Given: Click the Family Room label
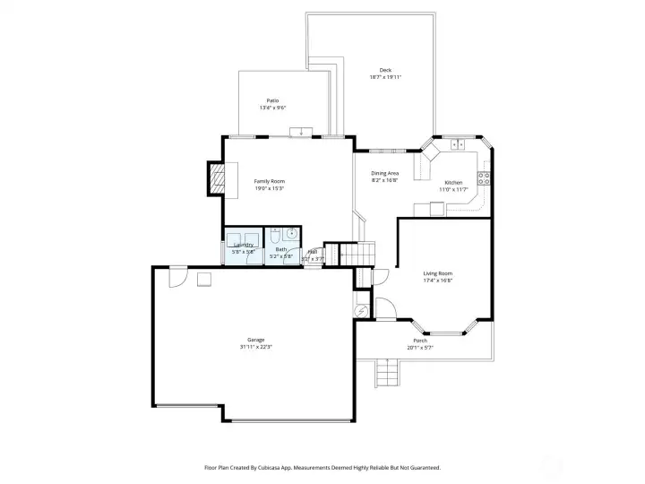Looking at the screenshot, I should click(269, 181).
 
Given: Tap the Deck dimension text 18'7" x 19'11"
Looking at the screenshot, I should click(385, 77).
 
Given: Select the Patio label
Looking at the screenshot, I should click(272, 100).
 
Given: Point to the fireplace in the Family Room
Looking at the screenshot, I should click(216, 177).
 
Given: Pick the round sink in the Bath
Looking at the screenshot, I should click(292, 235).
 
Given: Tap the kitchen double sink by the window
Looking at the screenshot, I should click(459, 143).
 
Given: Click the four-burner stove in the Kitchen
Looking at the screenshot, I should click(484, 177).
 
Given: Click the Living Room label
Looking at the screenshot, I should click(438, 273).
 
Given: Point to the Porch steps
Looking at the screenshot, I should click(386, 370).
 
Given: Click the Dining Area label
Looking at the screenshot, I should click(385, 173).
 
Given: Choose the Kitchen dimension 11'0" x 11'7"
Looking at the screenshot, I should click(453, 189).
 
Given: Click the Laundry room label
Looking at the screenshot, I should click(244, 245).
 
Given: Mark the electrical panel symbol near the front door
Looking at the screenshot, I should click(362, 310).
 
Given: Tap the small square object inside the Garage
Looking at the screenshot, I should click(204, 280).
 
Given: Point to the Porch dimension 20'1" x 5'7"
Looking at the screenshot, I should click(419, 348).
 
